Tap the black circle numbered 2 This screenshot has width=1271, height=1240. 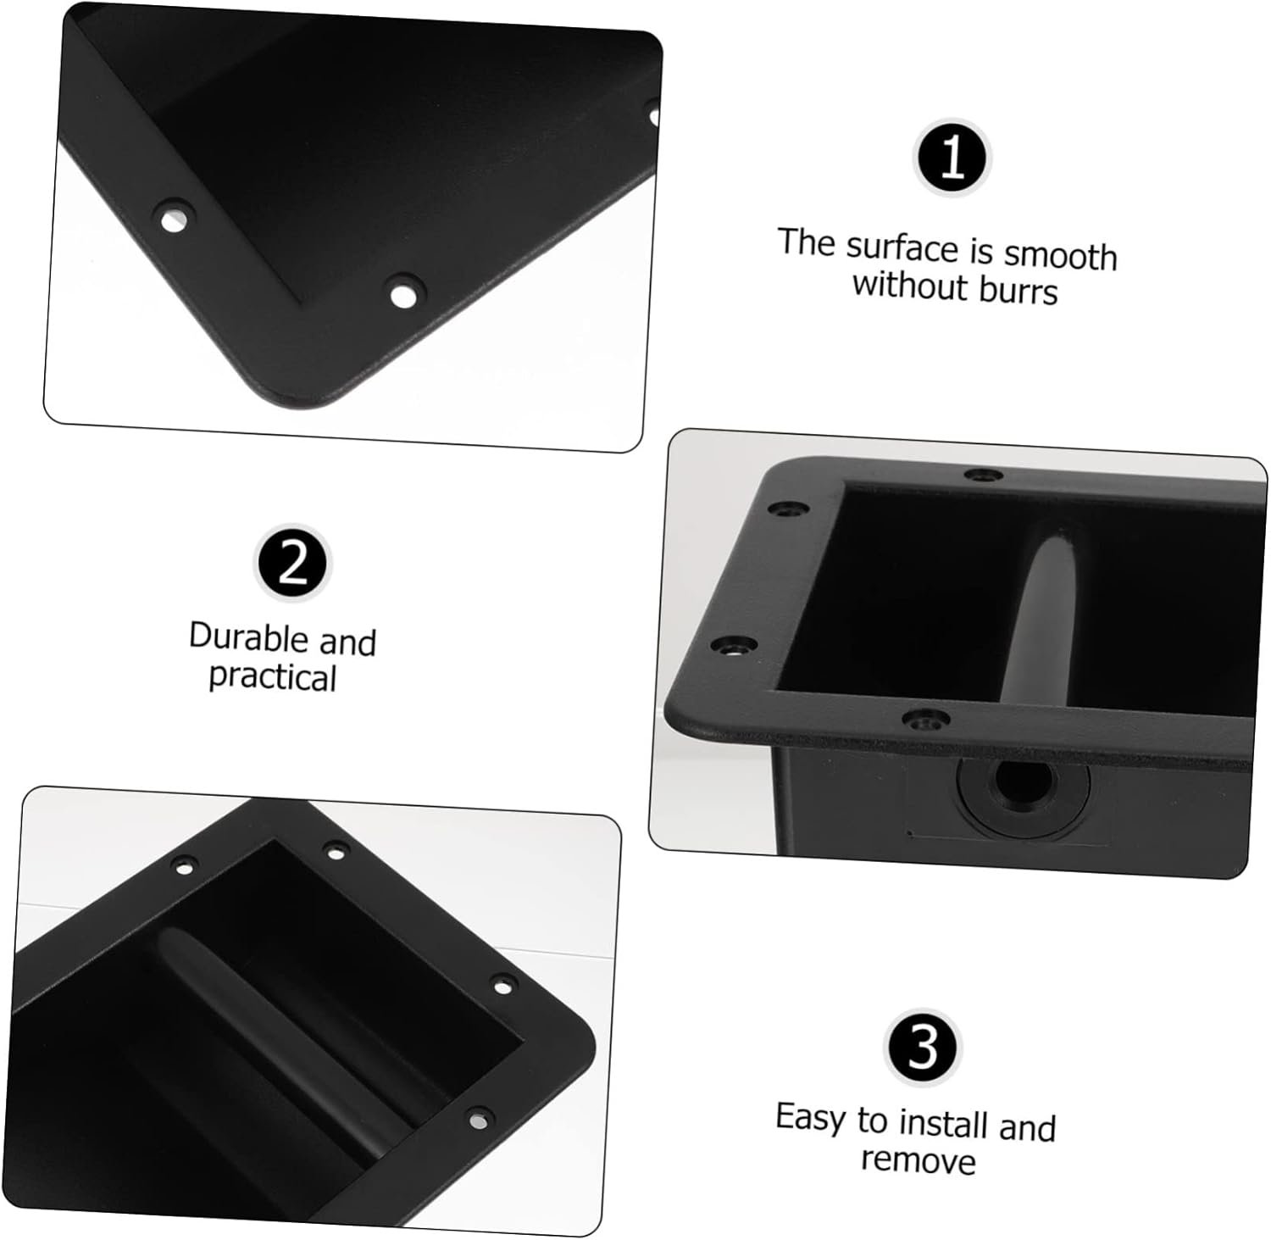tap(293, 564)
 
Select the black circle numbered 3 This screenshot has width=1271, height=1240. tap(923, 1047)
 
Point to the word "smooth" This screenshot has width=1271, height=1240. tap(1060, 255)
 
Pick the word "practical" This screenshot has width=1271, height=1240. tap(273, 678)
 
